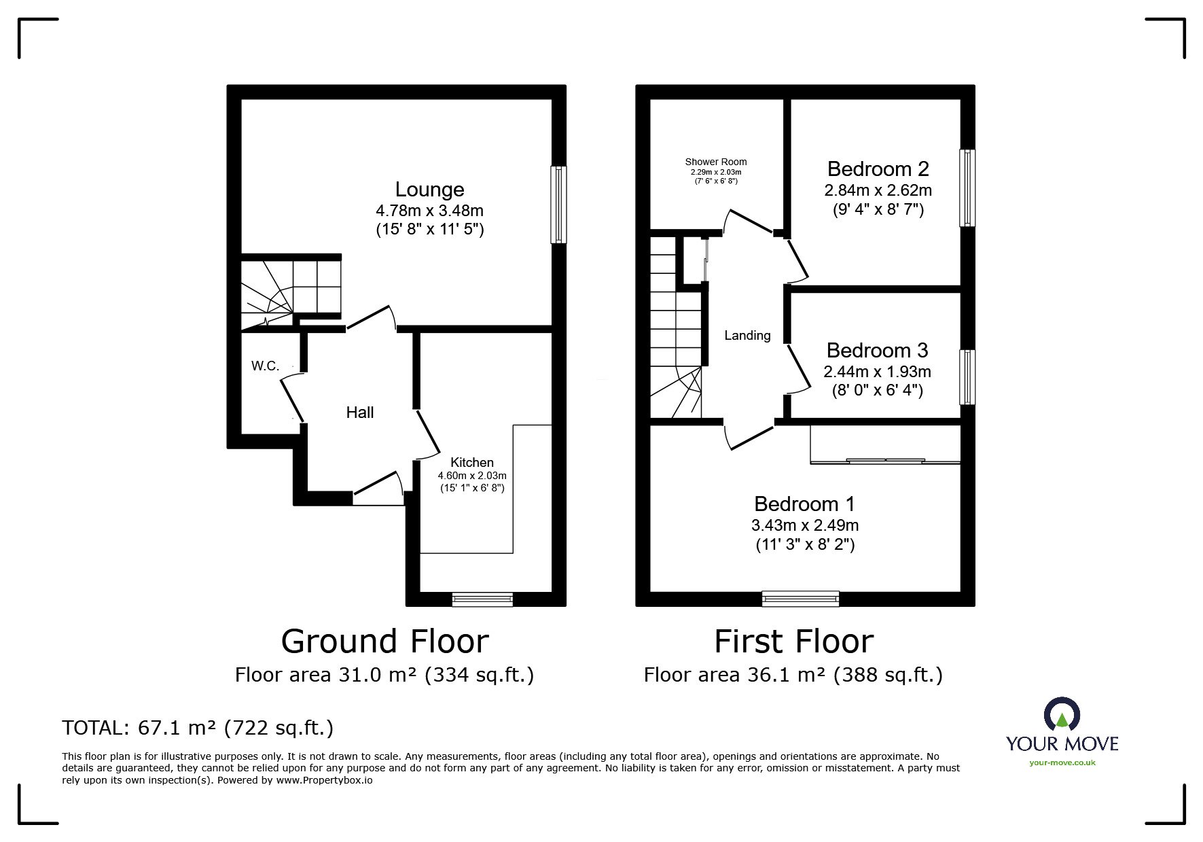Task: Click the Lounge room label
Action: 429,190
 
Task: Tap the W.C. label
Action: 265,366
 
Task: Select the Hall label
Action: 359,413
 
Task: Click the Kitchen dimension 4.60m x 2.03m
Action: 472,476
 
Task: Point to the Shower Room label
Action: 715,162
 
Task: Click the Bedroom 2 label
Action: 878,169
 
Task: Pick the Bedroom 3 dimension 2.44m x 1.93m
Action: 877,372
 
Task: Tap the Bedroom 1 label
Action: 804,504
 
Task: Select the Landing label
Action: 747,335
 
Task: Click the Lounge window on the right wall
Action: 558,205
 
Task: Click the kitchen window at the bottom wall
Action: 482,599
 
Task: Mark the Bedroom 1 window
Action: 800,599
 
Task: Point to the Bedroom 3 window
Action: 967,377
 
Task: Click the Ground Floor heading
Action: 384,642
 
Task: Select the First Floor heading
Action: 793,642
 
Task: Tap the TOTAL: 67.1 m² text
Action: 139,728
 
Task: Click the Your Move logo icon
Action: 1062,716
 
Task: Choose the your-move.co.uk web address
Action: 1062,762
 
